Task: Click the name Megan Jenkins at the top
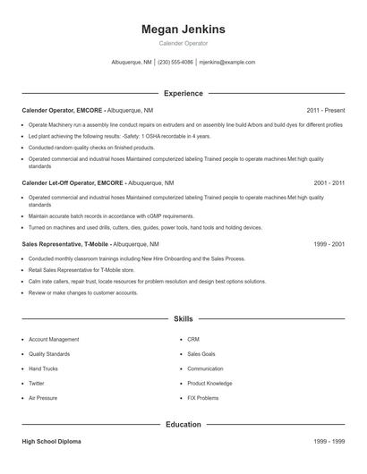(183, 30)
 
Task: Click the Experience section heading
(183, 93)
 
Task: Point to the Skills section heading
(183, 318)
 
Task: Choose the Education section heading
(183, 425)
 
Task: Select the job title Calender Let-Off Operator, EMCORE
(72, 182)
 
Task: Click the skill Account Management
(54, 340)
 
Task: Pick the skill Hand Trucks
(44, 368)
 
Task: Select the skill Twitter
(38, 383)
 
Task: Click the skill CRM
(193, 340)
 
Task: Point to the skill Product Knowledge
(209, 383)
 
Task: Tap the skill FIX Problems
(202, 397)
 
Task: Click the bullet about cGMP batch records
(110, 216)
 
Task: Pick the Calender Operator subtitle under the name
(183, 43)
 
